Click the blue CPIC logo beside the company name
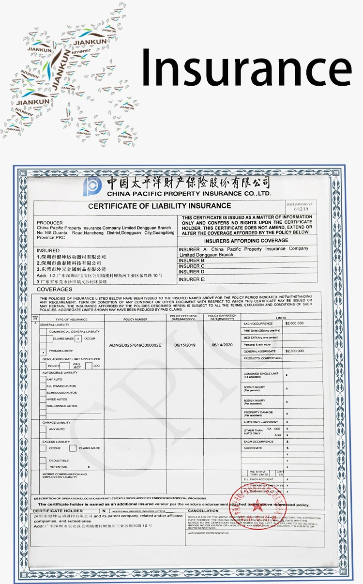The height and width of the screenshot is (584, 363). (x=92, y=186)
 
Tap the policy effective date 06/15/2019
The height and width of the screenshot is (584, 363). (x=184, y=345)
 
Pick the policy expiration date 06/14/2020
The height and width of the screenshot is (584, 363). (x=222, y=345)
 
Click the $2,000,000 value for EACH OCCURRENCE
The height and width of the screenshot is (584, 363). (x=295, y=323)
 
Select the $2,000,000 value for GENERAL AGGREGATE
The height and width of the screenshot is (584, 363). (x=295, y=351)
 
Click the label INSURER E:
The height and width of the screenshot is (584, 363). (x=192, y=279)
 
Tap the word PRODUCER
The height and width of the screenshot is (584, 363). (x=50, y=223)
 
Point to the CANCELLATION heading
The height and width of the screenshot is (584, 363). (x=203, y=511)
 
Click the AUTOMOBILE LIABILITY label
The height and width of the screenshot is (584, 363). (x=60, y=372)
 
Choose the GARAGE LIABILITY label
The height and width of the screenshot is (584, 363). (x=56, y=423)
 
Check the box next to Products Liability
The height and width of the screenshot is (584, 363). (x=44, y=352)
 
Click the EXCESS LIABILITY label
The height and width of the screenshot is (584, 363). (x=56, y=442)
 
